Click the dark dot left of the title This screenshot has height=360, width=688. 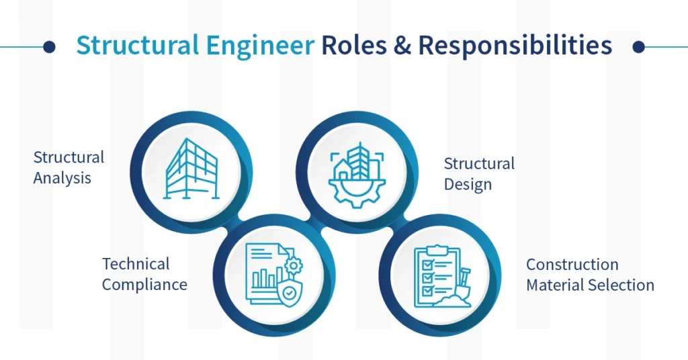48,46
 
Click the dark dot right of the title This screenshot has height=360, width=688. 639,46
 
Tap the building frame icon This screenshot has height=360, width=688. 191,169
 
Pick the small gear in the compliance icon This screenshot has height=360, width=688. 293,266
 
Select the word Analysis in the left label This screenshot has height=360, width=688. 62,179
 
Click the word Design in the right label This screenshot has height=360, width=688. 468,184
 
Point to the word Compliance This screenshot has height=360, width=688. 144,284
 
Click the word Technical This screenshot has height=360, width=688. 136,264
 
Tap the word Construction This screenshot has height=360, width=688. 572,264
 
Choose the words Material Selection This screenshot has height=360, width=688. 590,285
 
